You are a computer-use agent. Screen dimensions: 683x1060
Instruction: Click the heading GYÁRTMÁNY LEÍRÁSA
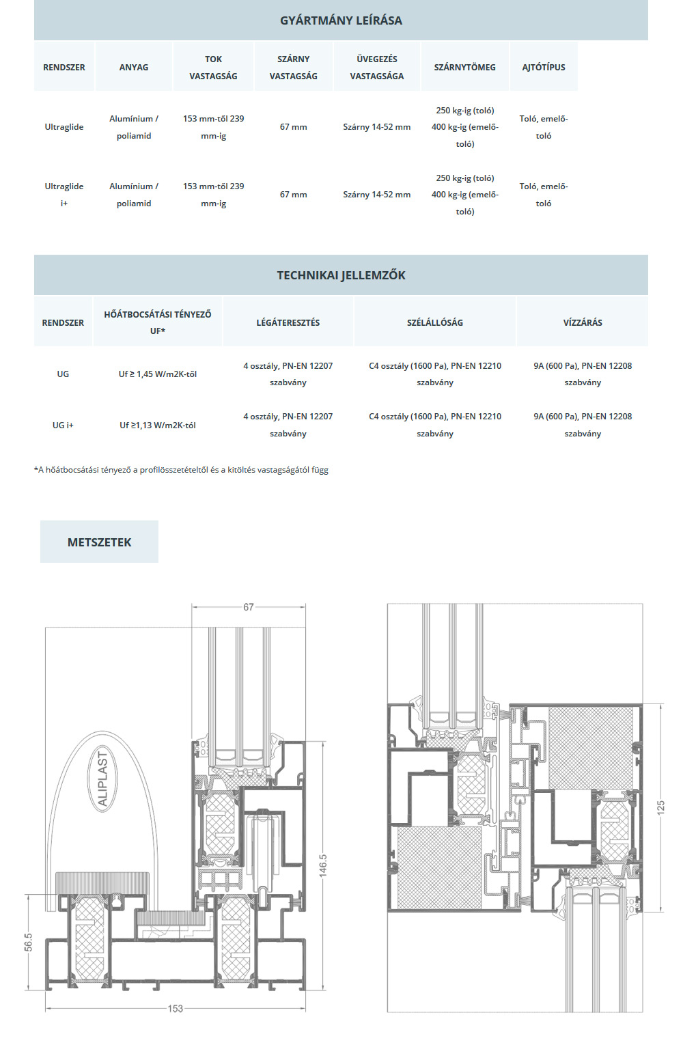pyautogui.click(x=341, y=20)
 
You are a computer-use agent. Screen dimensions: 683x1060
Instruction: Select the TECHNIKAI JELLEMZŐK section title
pyautogui.click(x=341, y=275)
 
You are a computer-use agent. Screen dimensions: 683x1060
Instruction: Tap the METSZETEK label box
pyautogui.click(x=99, y=542)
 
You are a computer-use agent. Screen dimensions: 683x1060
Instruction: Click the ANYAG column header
pyautogui.click(x=133, y=67)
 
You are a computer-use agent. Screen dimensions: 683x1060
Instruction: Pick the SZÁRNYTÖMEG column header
pyautogui.click(x=465, y=67)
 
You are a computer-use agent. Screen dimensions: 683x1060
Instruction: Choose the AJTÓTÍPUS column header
pyautogui.click(x=544, y=67)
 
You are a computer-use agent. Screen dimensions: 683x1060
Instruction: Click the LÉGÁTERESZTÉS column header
pyautogui.click(x=288, y=323)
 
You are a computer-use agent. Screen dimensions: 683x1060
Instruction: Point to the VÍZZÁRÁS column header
pyautogui.click(x=583, y=323)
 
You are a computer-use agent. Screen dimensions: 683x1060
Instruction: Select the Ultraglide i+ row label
pyautogui.click(x=64, y=195)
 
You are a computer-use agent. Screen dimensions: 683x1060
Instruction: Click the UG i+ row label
pyautogui.click(x=63, y=425)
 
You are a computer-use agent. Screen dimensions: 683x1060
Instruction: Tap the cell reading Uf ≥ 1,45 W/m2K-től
pyautogui.click(x=158, y=374)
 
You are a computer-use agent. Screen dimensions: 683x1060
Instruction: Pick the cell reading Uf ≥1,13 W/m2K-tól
pyautogui.click(x=158, y=425)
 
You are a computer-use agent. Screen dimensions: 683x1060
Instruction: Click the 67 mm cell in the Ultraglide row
pyautogui.click(x=294, y=127)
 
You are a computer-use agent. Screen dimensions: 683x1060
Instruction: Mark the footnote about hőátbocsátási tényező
pyautogui.click(x=181, y=470)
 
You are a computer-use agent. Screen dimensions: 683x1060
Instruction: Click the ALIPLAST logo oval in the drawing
pyautogui.click(x=102, y=779)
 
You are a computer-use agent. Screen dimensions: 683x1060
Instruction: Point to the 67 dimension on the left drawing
pyautogui.click(x=249, y=607)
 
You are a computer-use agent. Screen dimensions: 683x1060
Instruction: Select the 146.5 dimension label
pyautogui.click(x=323, y=865)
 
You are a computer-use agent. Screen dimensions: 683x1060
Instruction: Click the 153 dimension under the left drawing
pyautogui.click(x=175, y=1008)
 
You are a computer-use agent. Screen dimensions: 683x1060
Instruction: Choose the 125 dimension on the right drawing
pyautogui.click(x=661, y=807)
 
